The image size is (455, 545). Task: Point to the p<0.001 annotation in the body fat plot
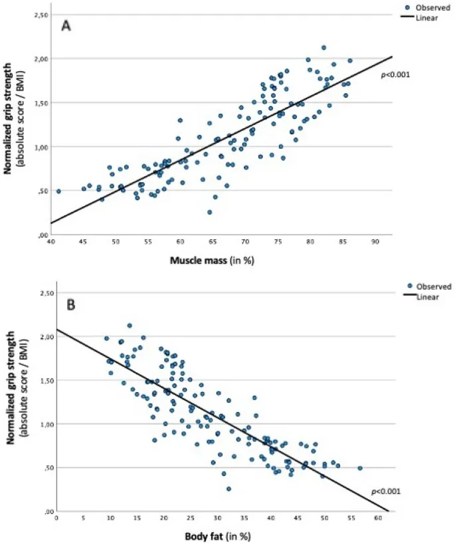pyautogui.click(x=385, y=491)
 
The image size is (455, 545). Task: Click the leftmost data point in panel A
pyautogui.click(x=58, y=191)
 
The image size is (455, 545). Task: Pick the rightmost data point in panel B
pyautogui.click(x=360, y=468)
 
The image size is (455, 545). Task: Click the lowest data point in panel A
pyautogui.click(x=210, y=212)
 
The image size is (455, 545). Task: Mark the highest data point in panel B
pyautogui.click(x=130, y=326)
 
